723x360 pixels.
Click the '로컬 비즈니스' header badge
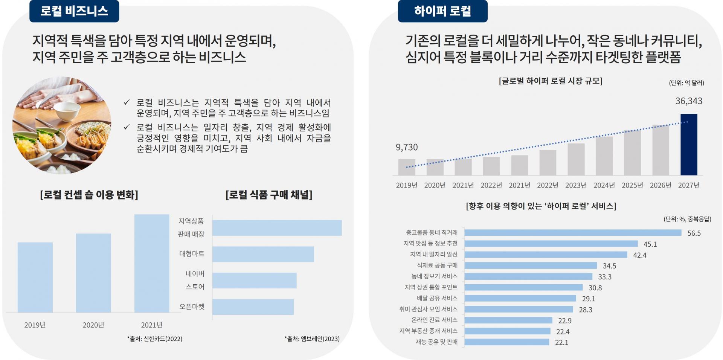[74, 11]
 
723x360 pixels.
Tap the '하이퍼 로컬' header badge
[442, 11]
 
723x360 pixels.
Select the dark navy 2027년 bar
[689, 145]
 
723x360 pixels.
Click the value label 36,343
[689, 101]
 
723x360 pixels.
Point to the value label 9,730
[407, 147]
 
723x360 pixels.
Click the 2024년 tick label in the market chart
[604, 185]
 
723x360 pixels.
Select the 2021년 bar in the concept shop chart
[152, 263]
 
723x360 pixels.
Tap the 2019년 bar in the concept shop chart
[35, 277]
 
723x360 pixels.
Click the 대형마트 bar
[263, 254]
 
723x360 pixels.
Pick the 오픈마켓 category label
[192, 307]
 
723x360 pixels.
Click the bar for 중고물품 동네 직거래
[573, 233]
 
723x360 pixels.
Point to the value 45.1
[650, 244]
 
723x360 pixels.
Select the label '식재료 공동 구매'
[437, 265]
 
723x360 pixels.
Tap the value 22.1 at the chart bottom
[561, 343]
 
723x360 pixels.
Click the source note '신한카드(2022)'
[155, 339]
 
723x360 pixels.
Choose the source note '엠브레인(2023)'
[312, 339]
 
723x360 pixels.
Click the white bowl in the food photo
[67, 107]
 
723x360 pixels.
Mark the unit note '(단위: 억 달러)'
[686, 83]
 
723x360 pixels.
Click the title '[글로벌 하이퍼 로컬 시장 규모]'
[551, 81]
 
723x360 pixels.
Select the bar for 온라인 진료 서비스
[508, 320]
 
